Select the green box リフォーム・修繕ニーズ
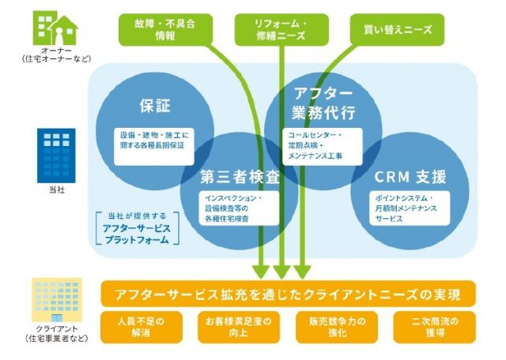coord(281,28)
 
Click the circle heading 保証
coord(155,105)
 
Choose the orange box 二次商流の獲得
coord(429,327)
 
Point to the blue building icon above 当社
coord(55,155)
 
